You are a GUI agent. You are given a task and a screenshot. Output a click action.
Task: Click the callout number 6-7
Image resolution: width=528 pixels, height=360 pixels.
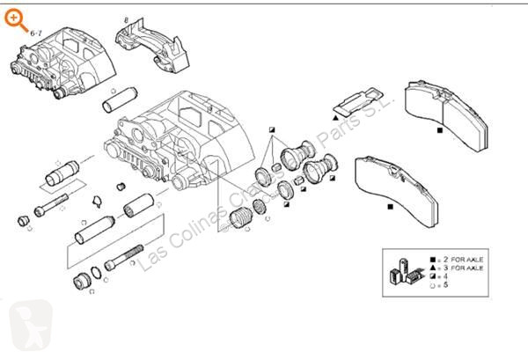[37, 33]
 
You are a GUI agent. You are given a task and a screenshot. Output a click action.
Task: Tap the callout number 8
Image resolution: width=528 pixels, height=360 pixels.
[126, 18]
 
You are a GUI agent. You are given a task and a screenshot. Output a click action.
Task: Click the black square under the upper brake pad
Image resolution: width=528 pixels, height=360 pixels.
[438, 129]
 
